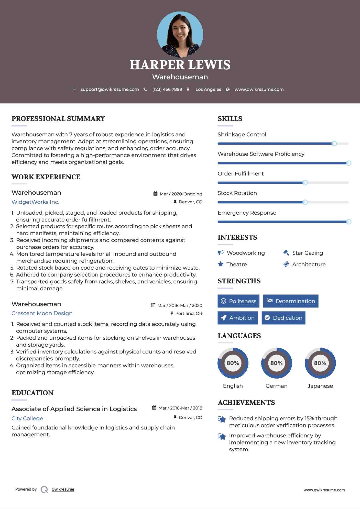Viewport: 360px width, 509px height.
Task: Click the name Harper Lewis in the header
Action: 180,65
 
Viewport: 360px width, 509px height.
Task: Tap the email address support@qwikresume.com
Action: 110,90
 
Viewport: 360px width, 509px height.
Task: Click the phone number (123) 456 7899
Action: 167,90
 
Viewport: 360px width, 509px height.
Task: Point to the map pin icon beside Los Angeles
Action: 188,90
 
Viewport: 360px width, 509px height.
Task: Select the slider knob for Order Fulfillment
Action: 305,183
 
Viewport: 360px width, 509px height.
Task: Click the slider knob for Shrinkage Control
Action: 334,144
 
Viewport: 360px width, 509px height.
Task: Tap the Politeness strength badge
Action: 238,301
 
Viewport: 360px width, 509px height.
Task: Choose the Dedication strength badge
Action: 283,318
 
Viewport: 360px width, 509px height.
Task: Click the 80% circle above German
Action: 276,363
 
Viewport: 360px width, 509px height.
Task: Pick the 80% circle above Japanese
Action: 320,363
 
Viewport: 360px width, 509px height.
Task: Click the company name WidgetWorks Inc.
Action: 35,202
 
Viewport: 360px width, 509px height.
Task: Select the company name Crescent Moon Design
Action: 42,313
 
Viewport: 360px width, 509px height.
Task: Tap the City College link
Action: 27,418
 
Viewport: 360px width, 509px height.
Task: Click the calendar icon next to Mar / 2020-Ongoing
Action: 155,194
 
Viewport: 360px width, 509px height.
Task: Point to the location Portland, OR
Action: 189,314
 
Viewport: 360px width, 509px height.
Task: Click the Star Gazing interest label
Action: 308,253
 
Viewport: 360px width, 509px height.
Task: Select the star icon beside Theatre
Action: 221,264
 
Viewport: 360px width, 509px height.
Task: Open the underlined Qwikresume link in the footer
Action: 63,489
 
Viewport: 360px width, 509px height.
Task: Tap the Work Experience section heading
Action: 46,177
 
